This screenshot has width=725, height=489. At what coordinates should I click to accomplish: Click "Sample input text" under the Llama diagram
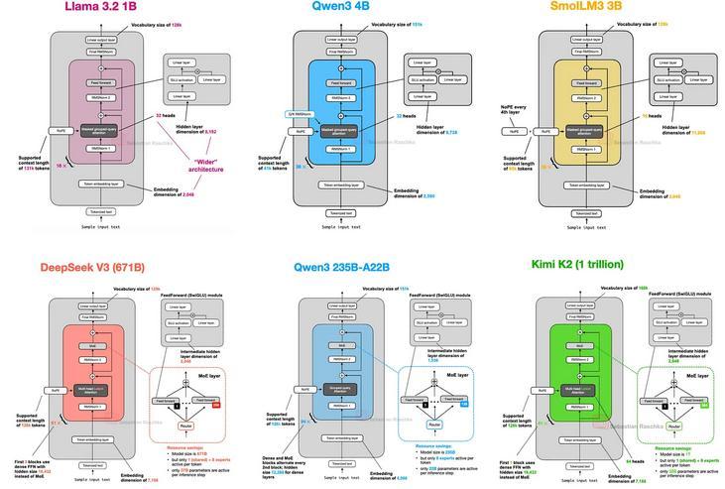point(102,227)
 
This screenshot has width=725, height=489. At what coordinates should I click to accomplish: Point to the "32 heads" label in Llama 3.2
point(167,115)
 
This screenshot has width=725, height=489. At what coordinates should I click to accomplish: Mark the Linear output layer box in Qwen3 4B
point(344,40)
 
